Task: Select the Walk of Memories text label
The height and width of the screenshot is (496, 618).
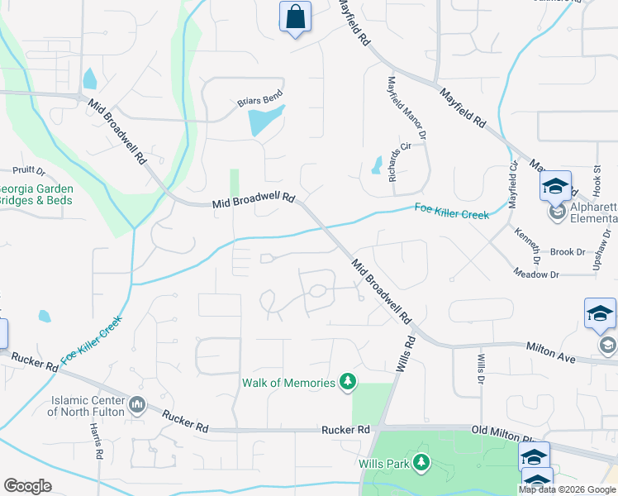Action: (288, 382)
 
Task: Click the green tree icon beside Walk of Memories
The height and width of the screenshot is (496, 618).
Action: (349, 382)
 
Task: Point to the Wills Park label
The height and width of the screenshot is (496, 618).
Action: (386, 464)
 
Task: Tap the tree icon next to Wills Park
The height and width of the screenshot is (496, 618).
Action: (422, 462)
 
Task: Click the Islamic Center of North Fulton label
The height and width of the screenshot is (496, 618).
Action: (88, 405)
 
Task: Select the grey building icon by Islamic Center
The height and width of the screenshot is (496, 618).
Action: (137, 406)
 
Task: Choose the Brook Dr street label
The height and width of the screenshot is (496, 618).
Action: (568, 252)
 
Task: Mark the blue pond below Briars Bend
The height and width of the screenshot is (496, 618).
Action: (264, 122)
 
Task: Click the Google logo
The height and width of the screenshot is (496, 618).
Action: (27, 485)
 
